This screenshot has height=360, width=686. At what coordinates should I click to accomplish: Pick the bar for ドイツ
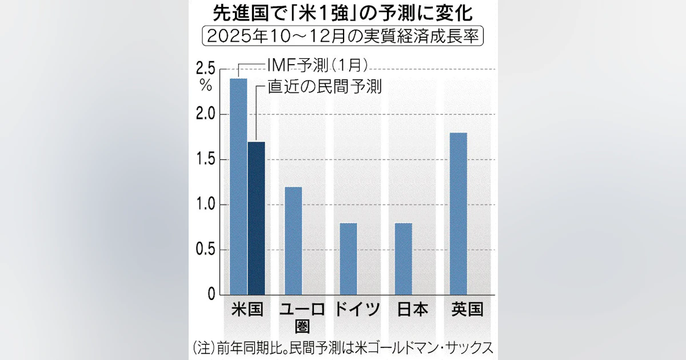348,258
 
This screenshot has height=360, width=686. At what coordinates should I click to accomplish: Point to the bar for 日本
403,258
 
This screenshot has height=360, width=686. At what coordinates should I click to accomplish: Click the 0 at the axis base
211,294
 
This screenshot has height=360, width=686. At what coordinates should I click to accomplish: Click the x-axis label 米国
247,310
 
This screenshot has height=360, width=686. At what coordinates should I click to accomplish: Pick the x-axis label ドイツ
357,310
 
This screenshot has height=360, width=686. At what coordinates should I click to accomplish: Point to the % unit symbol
206,86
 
